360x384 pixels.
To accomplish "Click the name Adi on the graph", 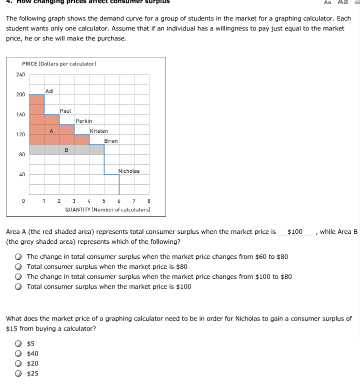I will pyautogui.click(x=49, y=91).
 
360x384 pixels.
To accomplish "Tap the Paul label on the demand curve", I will pyautogui.click(x=65, y=111).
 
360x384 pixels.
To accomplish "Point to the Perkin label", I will pyautogui.click(x=84, y=121).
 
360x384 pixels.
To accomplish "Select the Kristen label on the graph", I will pyautogui.click(x=99, y=131).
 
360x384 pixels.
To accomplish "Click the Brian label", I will pyautogui.click(x=111, y=141).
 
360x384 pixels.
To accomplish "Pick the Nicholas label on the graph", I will pyautogui.click(x=129, y=171).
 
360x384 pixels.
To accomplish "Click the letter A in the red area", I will pyautogui.click(x=51, y=131).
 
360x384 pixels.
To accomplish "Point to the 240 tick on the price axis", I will pyautogui.click(x=20, y=74).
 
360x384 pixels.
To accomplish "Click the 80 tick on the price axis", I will pyautogui.click(x=21, y=154).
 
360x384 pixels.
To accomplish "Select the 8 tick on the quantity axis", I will pyautogui.click(x=149, y=201).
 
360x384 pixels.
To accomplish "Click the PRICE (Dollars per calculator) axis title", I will pyautogui.click(x=59, y=63).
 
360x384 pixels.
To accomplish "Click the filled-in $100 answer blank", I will pyautogui.click(x=295, y=232).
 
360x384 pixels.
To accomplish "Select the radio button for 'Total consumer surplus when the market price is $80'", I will pyautogui.click(x=18, y=267).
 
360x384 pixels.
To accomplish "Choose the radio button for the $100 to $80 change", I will pyautogui.click(x=18, y=277).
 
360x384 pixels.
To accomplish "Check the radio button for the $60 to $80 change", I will pyautogui.click(x=18, y=257).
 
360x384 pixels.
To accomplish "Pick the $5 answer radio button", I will pyautogui.click(x=18, y=344).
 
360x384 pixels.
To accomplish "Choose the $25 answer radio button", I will pyautogui.click(x=18, y=374).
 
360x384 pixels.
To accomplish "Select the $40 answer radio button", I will pyautogui.click(x=18, y=354).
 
